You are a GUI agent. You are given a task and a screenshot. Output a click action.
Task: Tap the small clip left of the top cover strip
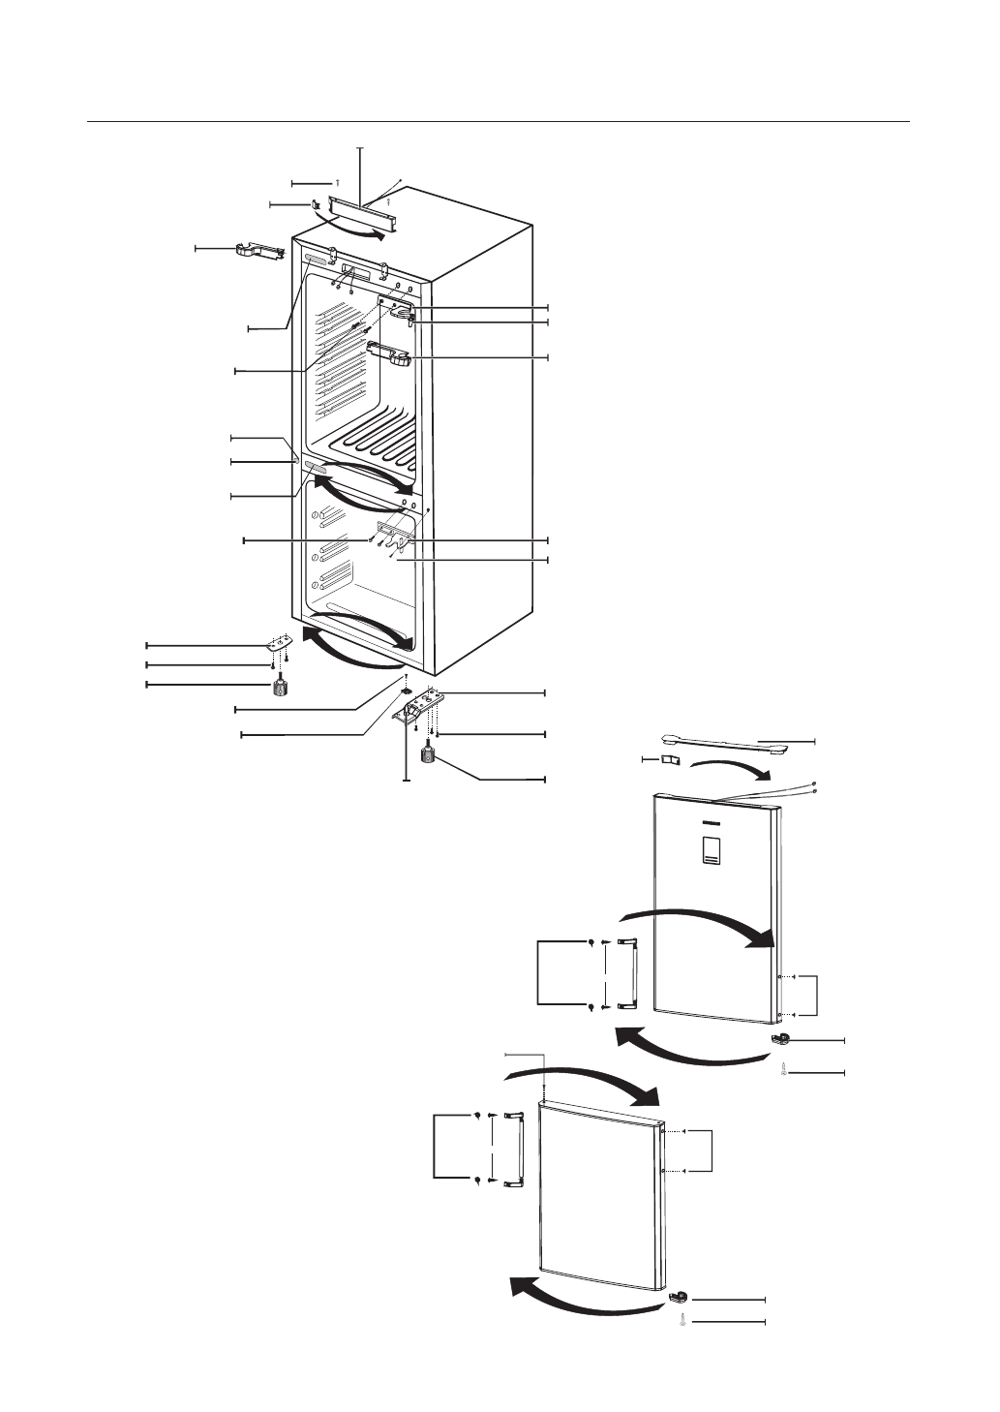[316, 204]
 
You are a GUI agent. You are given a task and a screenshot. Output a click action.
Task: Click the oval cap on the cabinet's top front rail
[317, 261]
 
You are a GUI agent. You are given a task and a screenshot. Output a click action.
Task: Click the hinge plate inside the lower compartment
[396, 529]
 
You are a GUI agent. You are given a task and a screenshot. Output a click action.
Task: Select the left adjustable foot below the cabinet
[280, 687]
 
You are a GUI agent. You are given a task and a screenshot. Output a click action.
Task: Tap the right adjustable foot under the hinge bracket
[427, 752]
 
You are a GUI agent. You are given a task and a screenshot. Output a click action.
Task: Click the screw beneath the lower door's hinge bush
[683, 1320]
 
